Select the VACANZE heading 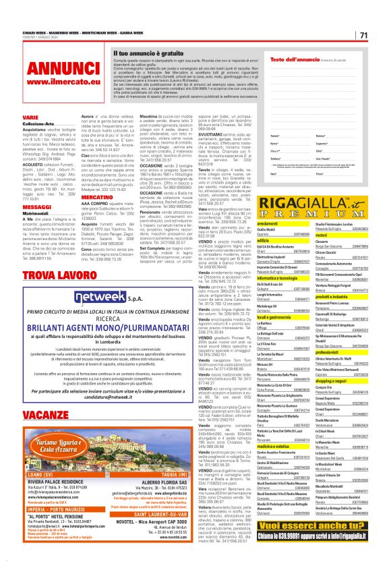click(44, 414)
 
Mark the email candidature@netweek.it click(135, 397)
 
